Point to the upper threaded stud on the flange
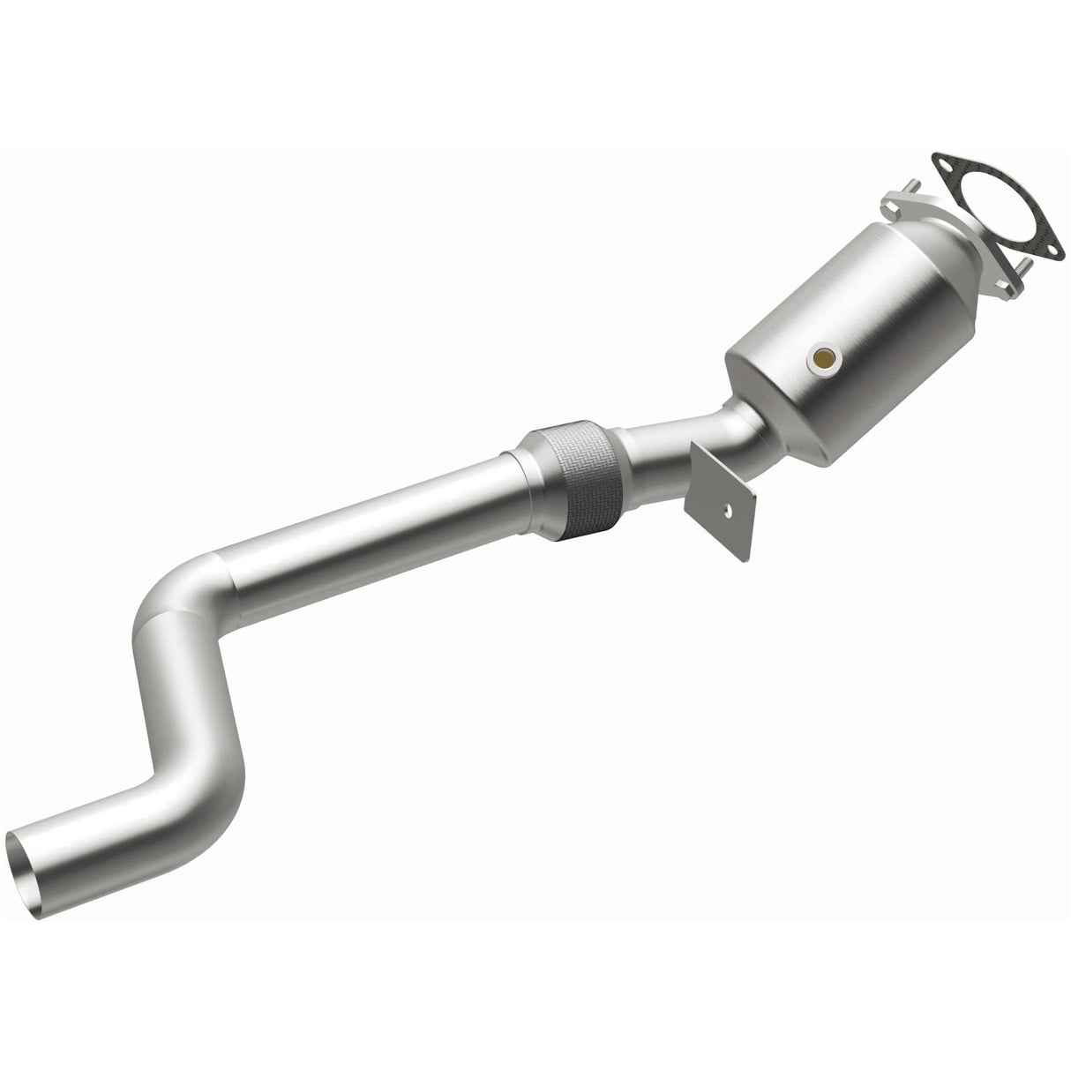[x=915, y=186]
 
